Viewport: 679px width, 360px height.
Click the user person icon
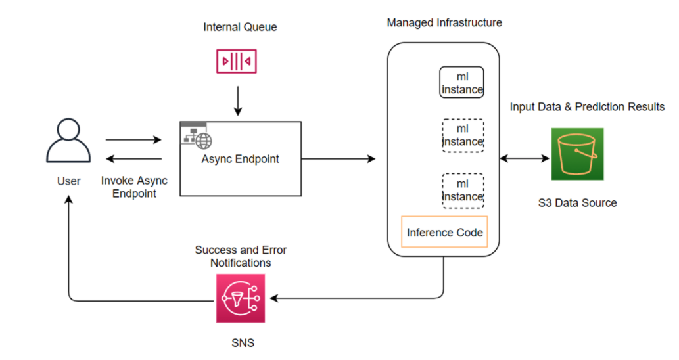68,141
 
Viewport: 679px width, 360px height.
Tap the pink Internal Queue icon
237,62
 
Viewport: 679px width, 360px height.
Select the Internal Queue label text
240,27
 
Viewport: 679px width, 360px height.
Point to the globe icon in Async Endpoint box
204,140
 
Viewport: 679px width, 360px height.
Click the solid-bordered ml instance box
462,83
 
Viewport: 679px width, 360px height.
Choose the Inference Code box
445,232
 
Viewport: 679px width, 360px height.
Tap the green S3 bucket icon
577,154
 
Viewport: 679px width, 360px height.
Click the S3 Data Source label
577,203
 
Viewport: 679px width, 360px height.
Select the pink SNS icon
240,298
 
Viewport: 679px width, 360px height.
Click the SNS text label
241,343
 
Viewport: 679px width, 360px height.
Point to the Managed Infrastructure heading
444,23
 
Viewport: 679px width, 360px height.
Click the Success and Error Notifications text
241,256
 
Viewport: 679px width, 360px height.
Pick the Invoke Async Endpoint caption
134,187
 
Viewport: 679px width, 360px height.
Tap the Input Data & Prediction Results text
587,106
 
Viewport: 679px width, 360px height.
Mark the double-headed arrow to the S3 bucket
525,158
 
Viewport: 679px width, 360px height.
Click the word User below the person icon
68,181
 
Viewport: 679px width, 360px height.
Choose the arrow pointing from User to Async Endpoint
133,139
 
